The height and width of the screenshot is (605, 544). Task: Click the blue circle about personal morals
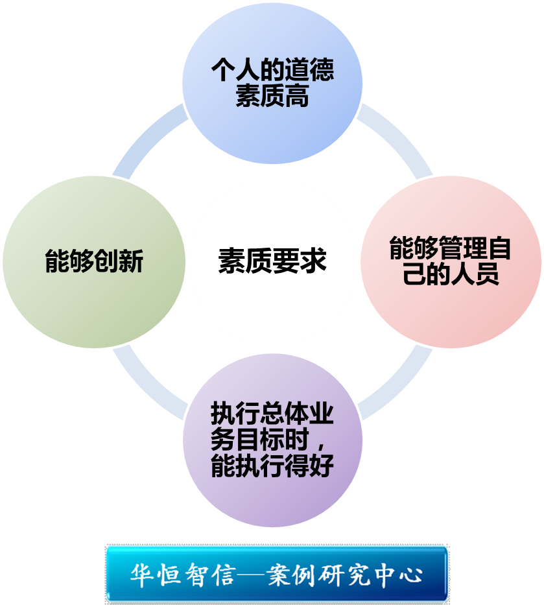(272, 84)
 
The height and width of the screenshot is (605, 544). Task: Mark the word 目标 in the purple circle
(260, 440)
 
